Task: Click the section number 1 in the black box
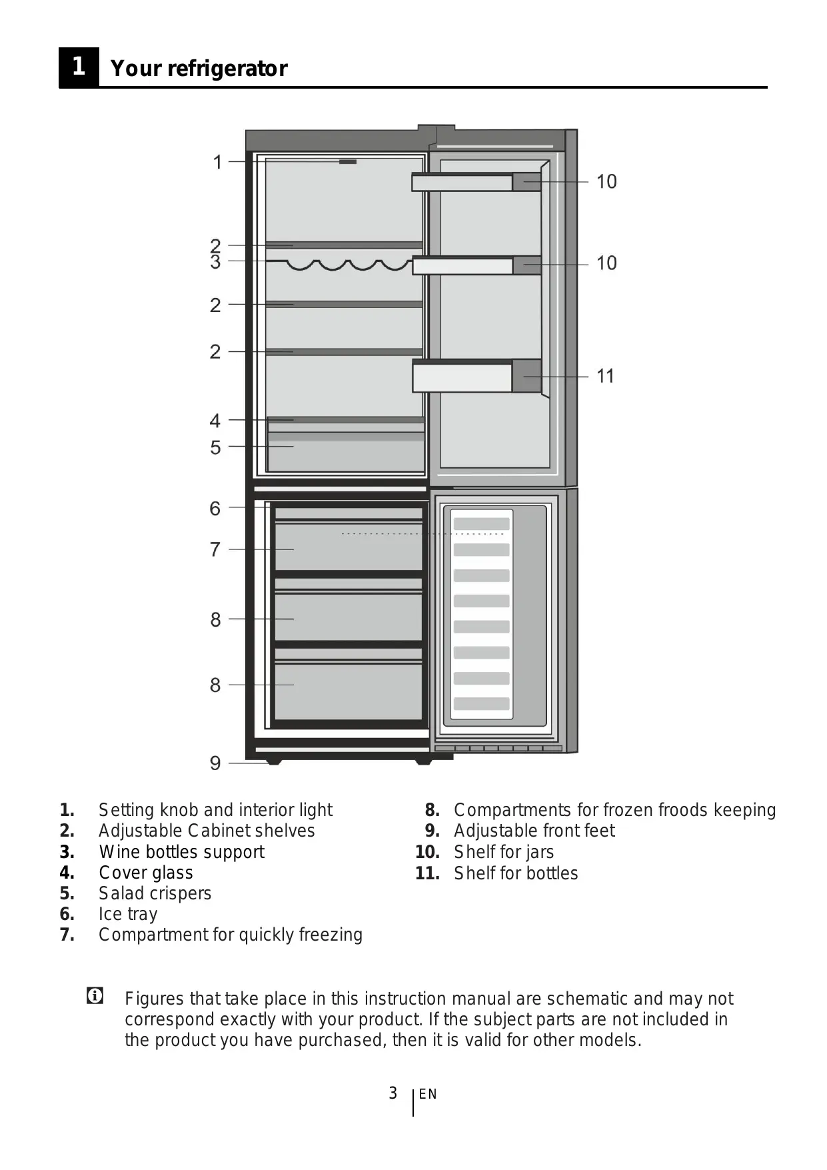[79, 67]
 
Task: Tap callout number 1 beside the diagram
[217, 162]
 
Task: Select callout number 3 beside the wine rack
[215, 262]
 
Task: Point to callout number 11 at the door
[605, 377]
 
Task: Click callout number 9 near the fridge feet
[215, 763]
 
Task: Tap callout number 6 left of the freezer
[215, 509]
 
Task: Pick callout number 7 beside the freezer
[215, 550]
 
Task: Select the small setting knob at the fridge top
[348, 161]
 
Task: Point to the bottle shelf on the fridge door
[476, 377]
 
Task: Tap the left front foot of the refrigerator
[273, 761]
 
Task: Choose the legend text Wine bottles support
[181, 852]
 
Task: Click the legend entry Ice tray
[128, 914]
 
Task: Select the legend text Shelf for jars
[503, 852]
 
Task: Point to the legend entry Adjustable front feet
[534, 831]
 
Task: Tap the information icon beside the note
[95, 997]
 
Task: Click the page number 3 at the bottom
[393, 1093]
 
